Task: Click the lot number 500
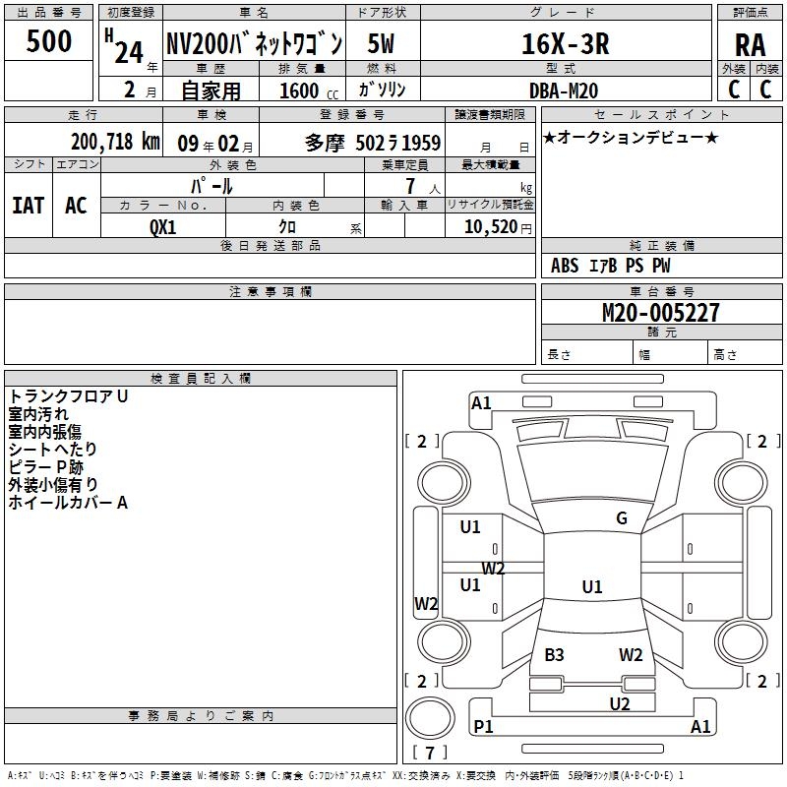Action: (x=49, y=41)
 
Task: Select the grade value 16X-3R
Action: (x=565, y=43)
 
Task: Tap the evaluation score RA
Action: (x=750, y=44)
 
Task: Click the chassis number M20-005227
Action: (x=661, y=313)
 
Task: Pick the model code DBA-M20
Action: (x=564, y=90)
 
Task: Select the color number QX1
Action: (x=163, y=225)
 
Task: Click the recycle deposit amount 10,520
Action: (x=489, y=226)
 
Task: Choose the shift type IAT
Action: (x=28, y=205)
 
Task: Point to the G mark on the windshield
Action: (x=621, y=518)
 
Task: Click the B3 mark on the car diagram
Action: (x=554, y=654)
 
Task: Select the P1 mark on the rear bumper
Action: (x=484, y=727)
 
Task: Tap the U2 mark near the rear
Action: (x=619, y=703)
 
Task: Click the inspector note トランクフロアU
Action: (x=69, y=396)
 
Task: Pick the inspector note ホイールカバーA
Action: (x=69, y=503)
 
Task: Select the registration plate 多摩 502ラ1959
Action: (x=373, y=143)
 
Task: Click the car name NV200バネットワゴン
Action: (x=254, y=44)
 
